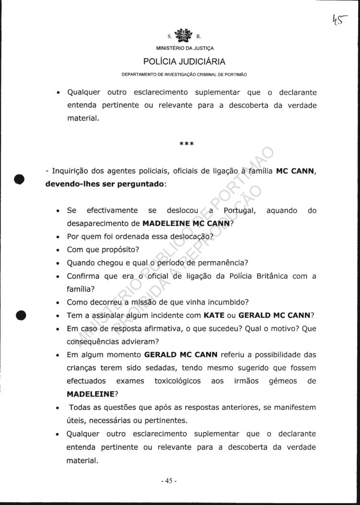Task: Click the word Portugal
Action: [235, 211]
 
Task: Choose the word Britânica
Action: [278, 276]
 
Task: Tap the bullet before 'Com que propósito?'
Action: [58, 250]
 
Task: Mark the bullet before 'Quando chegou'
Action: [58, 263]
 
